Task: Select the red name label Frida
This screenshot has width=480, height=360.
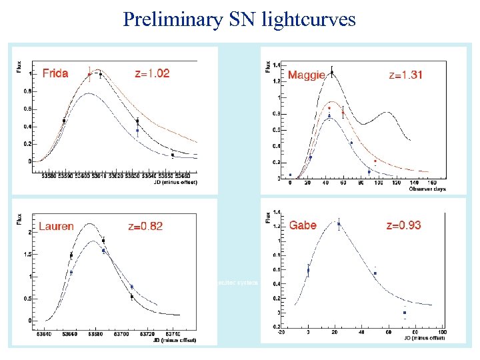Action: [55, 73]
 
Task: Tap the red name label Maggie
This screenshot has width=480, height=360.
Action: [306, 75]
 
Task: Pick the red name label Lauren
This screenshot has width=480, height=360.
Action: [56, 227]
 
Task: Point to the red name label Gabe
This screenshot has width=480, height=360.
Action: [303, 225]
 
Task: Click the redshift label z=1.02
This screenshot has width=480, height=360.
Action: [152, 73]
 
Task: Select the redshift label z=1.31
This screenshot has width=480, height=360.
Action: [405, 75]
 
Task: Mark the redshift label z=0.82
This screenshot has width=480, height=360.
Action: [145, 227]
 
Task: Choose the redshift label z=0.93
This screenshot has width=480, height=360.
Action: [403, 225]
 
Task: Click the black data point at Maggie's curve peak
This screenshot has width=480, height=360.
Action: [332, 72]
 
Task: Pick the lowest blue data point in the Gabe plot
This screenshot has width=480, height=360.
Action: [404, 313]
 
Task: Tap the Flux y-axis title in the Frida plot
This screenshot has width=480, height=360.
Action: [19, 67]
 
